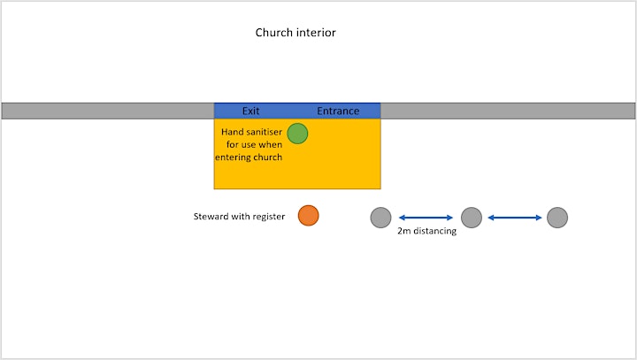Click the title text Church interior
point(295,33)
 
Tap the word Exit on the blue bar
point(250,111)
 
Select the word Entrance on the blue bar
point(338,111)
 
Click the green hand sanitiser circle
point(297,134)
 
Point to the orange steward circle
point(309,215)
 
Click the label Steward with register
point(239,216)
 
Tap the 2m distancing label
point(427,231)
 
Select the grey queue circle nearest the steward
point(380,218)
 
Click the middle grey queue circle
point(472,218)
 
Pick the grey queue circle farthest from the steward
point(557,218)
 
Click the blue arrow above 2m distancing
point(426,218)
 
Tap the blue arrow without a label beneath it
point(515,218)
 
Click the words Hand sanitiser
point(251,132)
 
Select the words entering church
point(249,157)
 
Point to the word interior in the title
point(316,33)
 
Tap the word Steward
point(211,216)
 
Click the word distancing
point(434,231)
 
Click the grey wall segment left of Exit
point(108,111)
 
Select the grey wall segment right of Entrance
point(508,111)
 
